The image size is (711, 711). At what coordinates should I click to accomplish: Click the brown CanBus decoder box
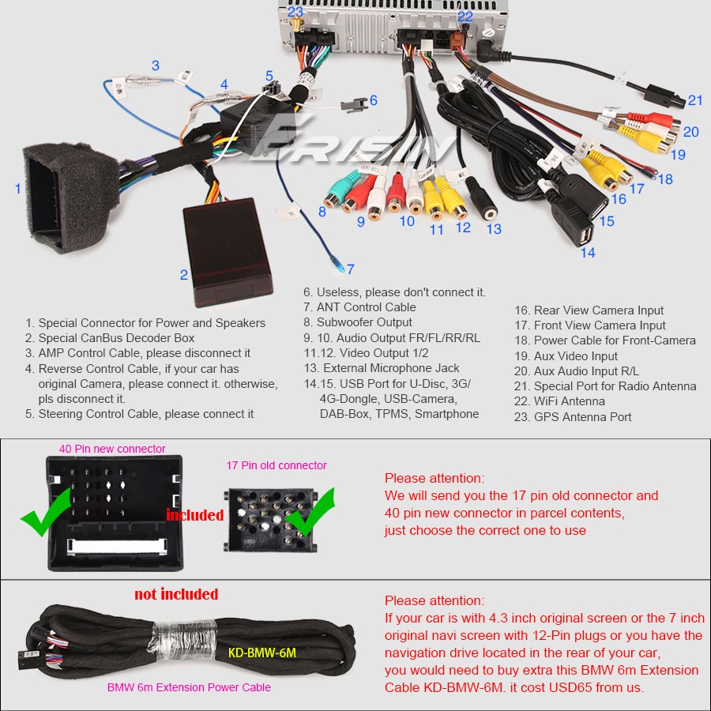[228, 251]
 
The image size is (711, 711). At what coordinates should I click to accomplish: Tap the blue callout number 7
[351, 269]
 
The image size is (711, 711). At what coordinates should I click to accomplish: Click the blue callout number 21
[695, 100]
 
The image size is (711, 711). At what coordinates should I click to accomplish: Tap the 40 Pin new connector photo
[115, 513]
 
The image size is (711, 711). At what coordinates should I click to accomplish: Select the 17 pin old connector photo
[271, 520]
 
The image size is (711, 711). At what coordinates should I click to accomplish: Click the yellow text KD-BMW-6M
[262, 653]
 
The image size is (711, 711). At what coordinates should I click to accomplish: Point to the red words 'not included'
[176, 594]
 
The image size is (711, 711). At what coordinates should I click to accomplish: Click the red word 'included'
[195, 515]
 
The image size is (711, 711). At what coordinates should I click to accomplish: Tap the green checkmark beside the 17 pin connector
[310, 511]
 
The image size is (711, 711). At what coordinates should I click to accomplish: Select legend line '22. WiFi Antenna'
[559, 401]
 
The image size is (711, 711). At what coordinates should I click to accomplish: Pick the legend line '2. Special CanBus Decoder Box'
[110, 338]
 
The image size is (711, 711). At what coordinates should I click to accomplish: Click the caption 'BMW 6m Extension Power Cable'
[189, 687]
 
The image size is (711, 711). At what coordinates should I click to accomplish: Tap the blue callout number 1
[17, 189]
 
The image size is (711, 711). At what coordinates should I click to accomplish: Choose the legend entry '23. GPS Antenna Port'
[572, 417]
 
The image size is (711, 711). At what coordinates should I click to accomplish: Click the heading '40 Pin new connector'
[112, 449]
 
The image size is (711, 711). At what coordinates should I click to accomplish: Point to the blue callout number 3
[156, 66]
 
